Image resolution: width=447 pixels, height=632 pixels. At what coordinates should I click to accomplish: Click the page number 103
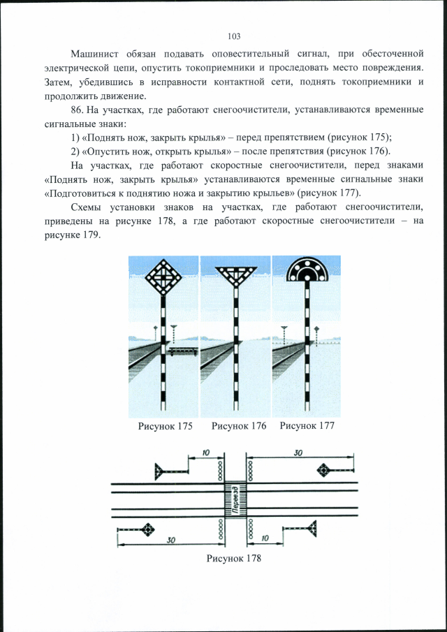(234, 36)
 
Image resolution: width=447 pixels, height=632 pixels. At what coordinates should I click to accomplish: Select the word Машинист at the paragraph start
(94, 54)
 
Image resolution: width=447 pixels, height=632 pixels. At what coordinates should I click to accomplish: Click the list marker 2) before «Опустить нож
(77, 151)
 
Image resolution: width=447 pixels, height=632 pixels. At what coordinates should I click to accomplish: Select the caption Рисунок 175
(165, 426)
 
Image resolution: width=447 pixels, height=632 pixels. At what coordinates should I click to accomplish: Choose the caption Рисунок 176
(239, 426)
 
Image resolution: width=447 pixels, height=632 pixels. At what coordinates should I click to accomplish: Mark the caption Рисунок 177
(307, 426)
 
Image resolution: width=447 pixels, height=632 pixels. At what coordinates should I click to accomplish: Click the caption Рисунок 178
(233, 558)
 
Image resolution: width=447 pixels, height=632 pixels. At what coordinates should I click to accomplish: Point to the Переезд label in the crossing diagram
(235, 501)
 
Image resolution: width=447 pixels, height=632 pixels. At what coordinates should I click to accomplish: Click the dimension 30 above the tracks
(298, 453)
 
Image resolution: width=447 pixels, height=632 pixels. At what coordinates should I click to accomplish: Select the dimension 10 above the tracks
(206, 453)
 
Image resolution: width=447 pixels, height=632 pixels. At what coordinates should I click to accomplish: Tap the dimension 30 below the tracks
(170, 540)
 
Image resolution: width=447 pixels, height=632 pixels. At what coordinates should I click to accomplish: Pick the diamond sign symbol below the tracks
(148, 529)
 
